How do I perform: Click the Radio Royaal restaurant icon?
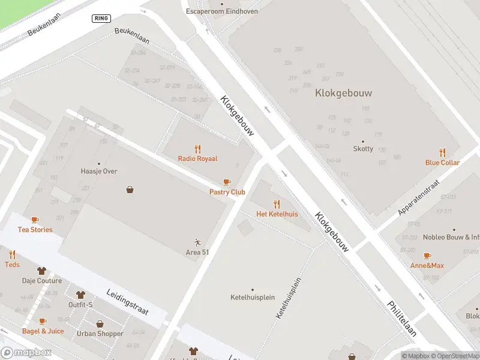click(197, 149)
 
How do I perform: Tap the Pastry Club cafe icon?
click(227, 182)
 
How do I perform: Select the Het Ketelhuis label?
click(277, 214)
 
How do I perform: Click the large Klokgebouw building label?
click(343, 93)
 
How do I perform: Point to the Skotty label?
click(363, 149)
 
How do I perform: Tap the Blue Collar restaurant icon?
click(442, 152)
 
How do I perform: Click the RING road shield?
click(101, 18)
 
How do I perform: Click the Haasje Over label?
click(99, 172)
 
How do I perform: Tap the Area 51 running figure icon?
click(197, 242)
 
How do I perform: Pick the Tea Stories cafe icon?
click(35, 220)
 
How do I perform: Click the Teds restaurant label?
click(12, 265)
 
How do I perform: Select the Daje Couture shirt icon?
click(41, 271)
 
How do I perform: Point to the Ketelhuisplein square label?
click(252, 298)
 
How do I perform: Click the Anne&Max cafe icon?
click(427, 256)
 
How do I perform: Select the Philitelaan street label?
click(401, 318)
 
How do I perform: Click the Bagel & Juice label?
click(43, 331)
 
